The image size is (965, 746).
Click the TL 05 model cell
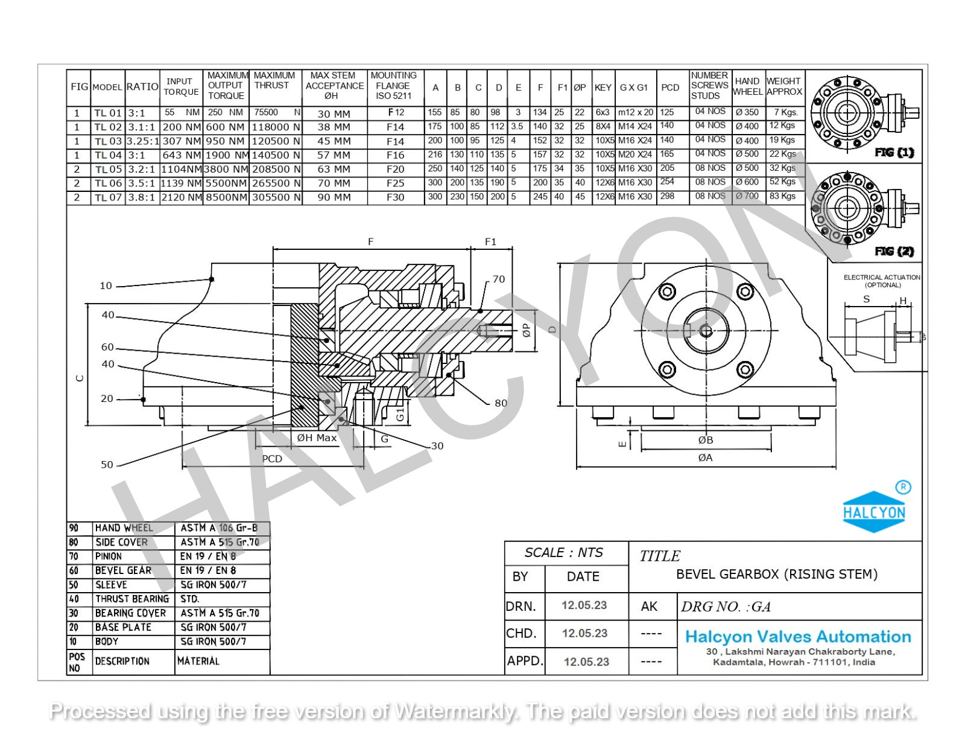tap(108, 169)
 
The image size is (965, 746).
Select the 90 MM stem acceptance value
tap(334, 197)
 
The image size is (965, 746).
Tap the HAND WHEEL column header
tap(747, 86)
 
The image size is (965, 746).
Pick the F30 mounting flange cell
tap(395, 197)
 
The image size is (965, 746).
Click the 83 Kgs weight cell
tap(782, 196)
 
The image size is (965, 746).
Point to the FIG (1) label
tap(894, 153)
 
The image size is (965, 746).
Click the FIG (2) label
tap(894, 251)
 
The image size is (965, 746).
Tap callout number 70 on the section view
tap(498, 279)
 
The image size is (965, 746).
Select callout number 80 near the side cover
tap(501, 403)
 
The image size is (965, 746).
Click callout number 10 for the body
tap(106, 285)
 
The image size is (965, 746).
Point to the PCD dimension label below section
tap(272, 459)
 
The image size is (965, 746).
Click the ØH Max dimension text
tap(317, 438)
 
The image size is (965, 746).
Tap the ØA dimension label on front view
tap(705, 458)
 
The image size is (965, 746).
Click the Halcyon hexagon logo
tap(874, 512)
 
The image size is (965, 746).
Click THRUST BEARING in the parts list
tap(131, 599)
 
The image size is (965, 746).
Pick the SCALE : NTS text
tap(563, 553)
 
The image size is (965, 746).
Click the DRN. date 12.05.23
tap(584, 605)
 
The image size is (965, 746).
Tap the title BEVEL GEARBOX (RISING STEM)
tap(776, 575)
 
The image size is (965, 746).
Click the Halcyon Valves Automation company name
tap(797, 637)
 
